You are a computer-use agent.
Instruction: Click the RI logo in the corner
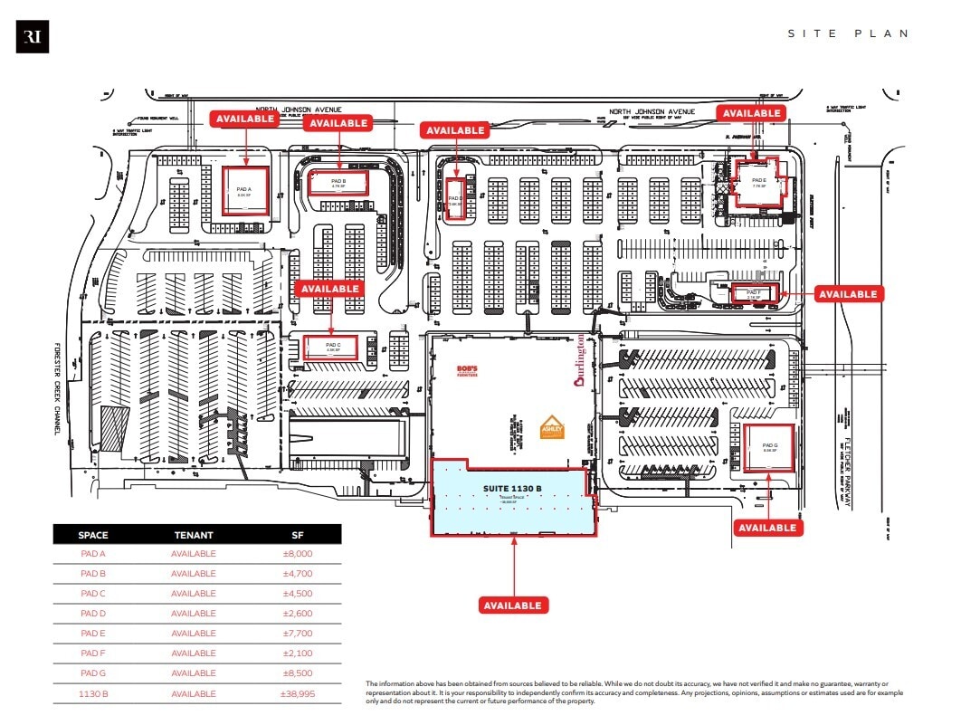(33, 38)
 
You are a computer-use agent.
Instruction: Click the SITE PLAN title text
(848, 33)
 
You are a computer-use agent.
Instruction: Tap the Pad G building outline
(770, 448)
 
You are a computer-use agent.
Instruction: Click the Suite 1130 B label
(511, 489)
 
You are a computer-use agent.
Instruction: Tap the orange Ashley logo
(552, 427)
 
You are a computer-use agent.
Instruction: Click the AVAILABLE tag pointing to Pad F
(848, 293)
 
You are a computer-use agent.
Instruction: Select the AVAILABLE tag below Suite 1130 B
(512, 606)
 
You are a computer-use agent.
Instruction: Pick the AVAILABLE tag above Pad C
(330, 289)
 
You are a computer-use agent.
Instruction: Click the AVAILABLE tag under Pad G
(767, 528)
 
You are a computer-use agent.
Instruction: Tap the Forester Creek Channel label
(55, 388)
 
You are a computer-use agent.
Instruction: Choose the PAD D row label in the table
(92, 614)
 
